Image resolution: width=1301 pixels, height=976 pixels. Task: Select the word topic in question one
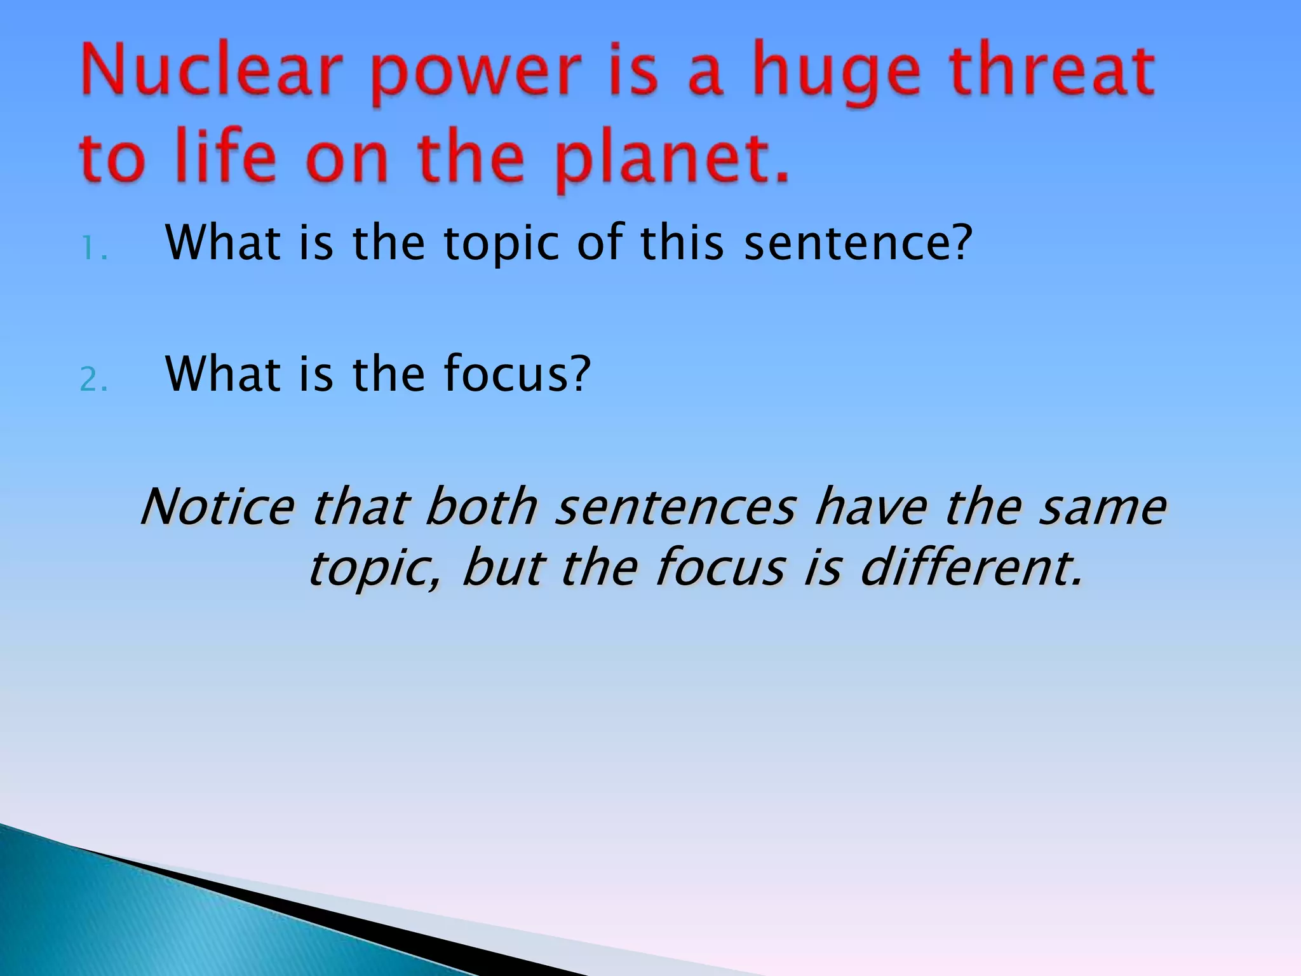tap(501, 245)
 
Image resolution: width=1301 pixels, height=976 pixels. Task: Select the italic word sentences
tap(675, 508)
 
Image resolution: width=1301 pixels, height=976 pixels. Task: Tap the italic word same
tap(1102, 508)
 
